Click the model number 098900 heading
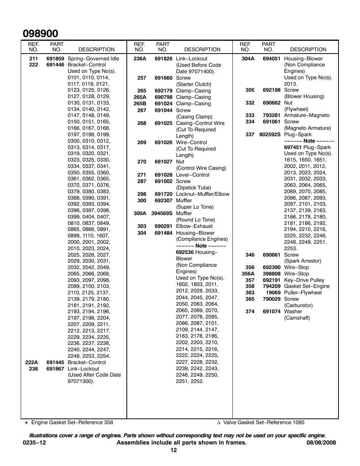40,34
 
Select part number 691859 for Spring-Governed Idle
55,58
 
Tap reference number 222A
32,362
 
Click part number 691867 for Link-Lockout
55,369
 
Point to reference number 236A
140,58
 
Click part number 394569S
162,213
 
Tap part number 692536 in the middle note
185,252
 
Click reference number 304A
248,58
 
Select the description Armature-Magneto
306,115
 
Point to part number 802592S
270,134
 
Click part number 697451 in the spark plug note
293,147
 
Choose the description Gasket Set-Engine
306,286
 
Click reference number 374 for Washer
250,311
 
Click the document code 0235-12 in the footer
35,443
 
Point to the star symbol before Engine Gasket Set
26,423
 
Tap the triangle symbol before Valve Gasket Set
218,423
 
